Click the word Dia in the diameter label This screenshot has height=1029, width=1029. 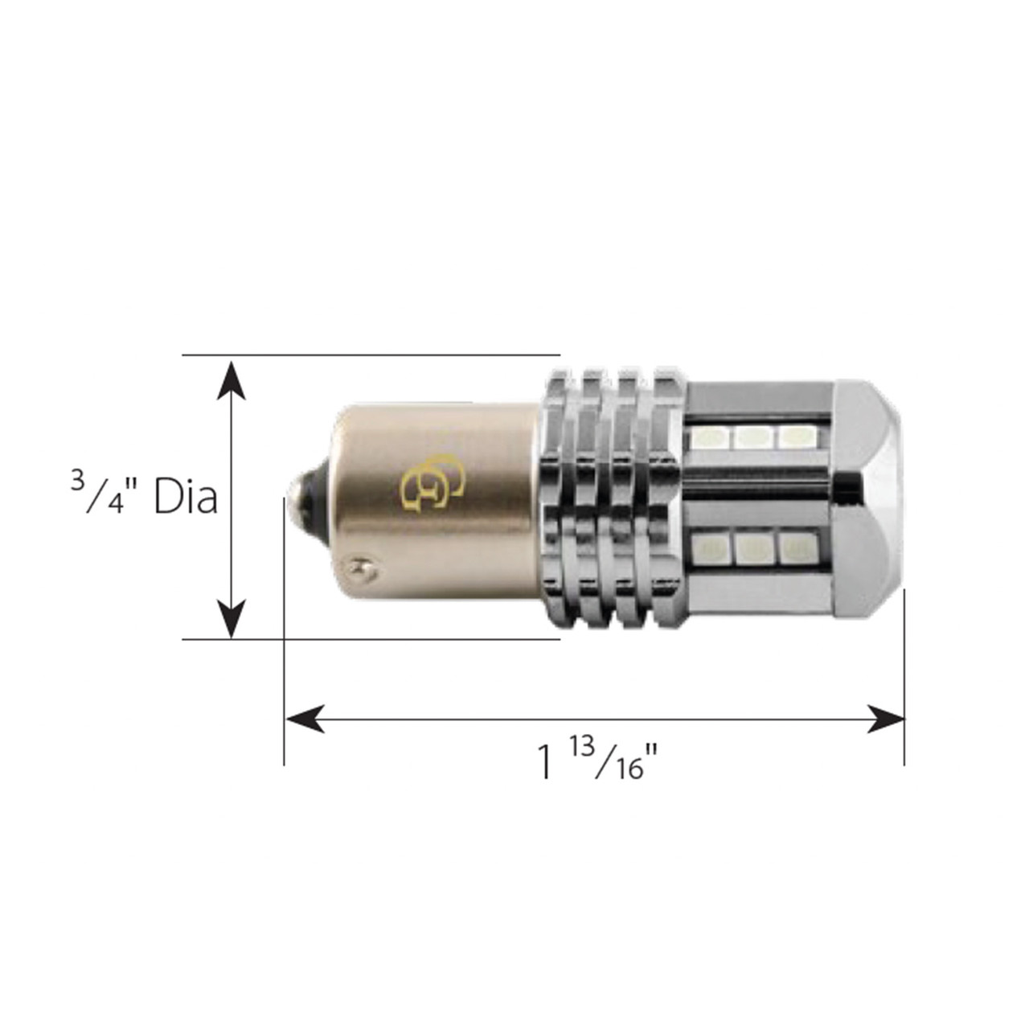[186, 498]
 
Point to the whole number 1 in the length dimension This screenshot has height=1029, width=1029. [546, 762]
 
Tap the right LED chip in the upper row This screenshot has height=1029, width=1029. [794, 436]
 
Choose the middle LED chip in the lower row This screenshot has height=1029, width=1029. [751, 550]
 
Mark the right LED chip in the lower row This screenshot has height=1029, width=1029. [794, 550]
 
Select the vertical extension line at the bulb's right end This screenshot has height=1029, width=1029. [904, 675]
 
